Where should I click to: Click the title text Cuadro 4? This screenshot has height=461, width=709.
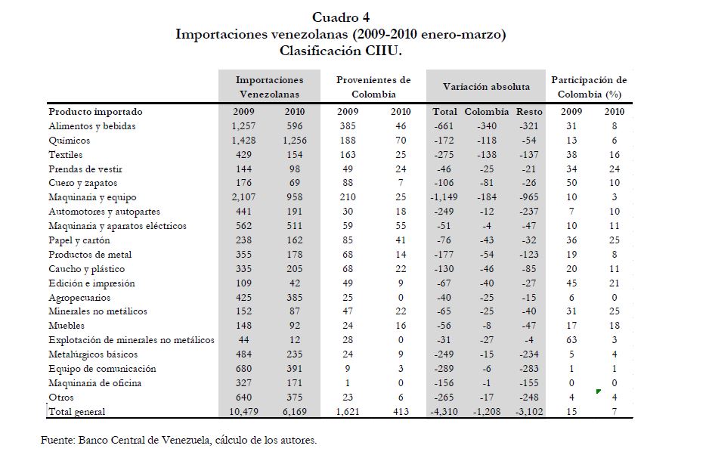[340, 17]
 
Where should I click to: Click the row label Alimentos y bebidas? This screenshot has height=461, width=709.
[91, 126]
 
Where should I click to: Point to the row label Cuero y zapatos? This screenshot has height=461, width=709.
[82, 183]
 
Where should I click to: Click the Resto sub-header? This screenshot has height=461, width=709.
[530, 112]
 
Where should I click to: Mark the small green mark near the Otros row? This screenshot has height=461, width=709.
[598, 391]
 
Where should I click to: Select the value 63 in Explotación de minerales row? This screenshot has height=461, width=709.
[573, 341]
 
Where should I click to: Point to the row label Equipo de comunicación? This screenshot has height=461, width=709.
[101, 369]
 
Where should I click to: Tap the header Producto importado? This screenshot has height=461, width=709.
[94, 112]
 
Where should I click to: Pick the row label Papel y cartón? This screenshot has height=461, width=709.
[79, 240]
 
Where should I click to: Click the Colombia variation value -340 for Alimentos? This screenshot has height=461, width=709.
[486, 126]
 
